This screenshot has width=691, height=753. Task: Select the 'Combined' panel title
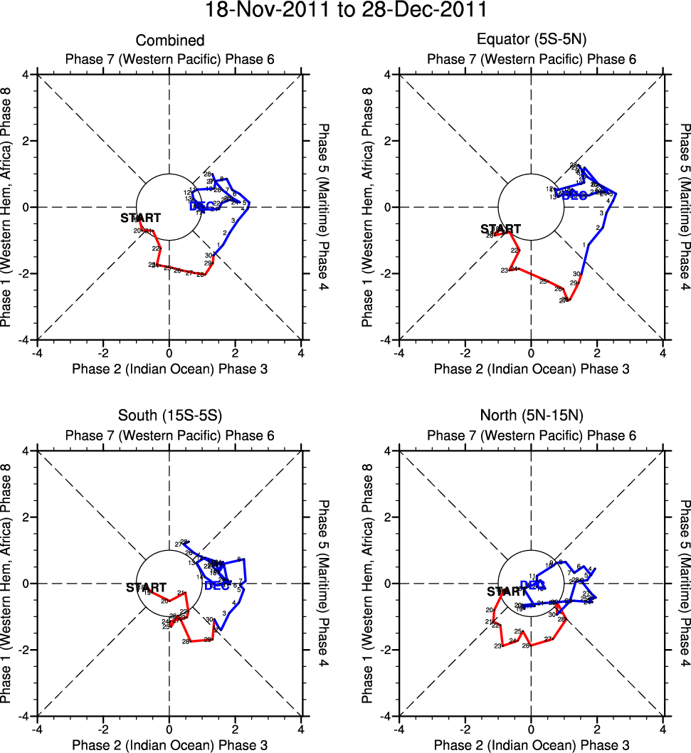pyautogui.click(x=170, y=41)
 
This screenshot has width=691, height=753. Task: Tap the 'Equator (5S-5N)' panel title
pyautogui.click(x=532, y=41)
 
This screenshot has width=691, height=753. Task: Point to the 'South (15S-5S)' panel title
pyautogui.click(x=170, y=417)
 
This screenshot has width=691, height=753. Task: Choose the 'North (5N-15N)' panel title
pyautogui.click(x=532, y=417)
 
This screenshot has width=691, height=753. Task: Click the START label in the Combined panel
pyautogui.click(x=140, y=218)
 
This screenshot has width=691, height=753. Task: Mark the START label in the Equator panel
pyautogui.click(x=501, y=229)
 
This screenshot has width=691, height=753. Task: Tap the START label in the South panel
pyautogui.click(x=146, y=588)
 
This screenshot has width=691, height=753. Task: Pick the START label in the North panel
pyautogui.click(x=507, y=591)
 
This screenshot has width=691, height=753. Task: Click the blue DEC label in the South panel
pyautogui.click(x=217, y=586)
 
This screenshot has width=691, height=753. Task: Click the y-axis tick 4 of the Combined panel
pyautogui.click(x=25, y=74)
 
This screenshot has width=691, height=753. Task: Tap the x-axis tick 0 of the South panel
pyautogui.click(x=169, y=729)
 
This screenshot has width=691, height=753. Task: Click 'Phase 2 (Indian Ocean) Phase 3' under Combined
pyautogui.click(x=170, y=369)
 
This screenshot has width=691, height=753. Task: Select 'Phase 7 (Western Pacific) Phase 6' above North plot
pyautogui.click(x=532, y=436)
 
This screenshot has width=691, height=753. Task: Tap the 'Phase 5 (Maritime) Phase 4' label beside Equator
pyautogui.click(x=685, y=206)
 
